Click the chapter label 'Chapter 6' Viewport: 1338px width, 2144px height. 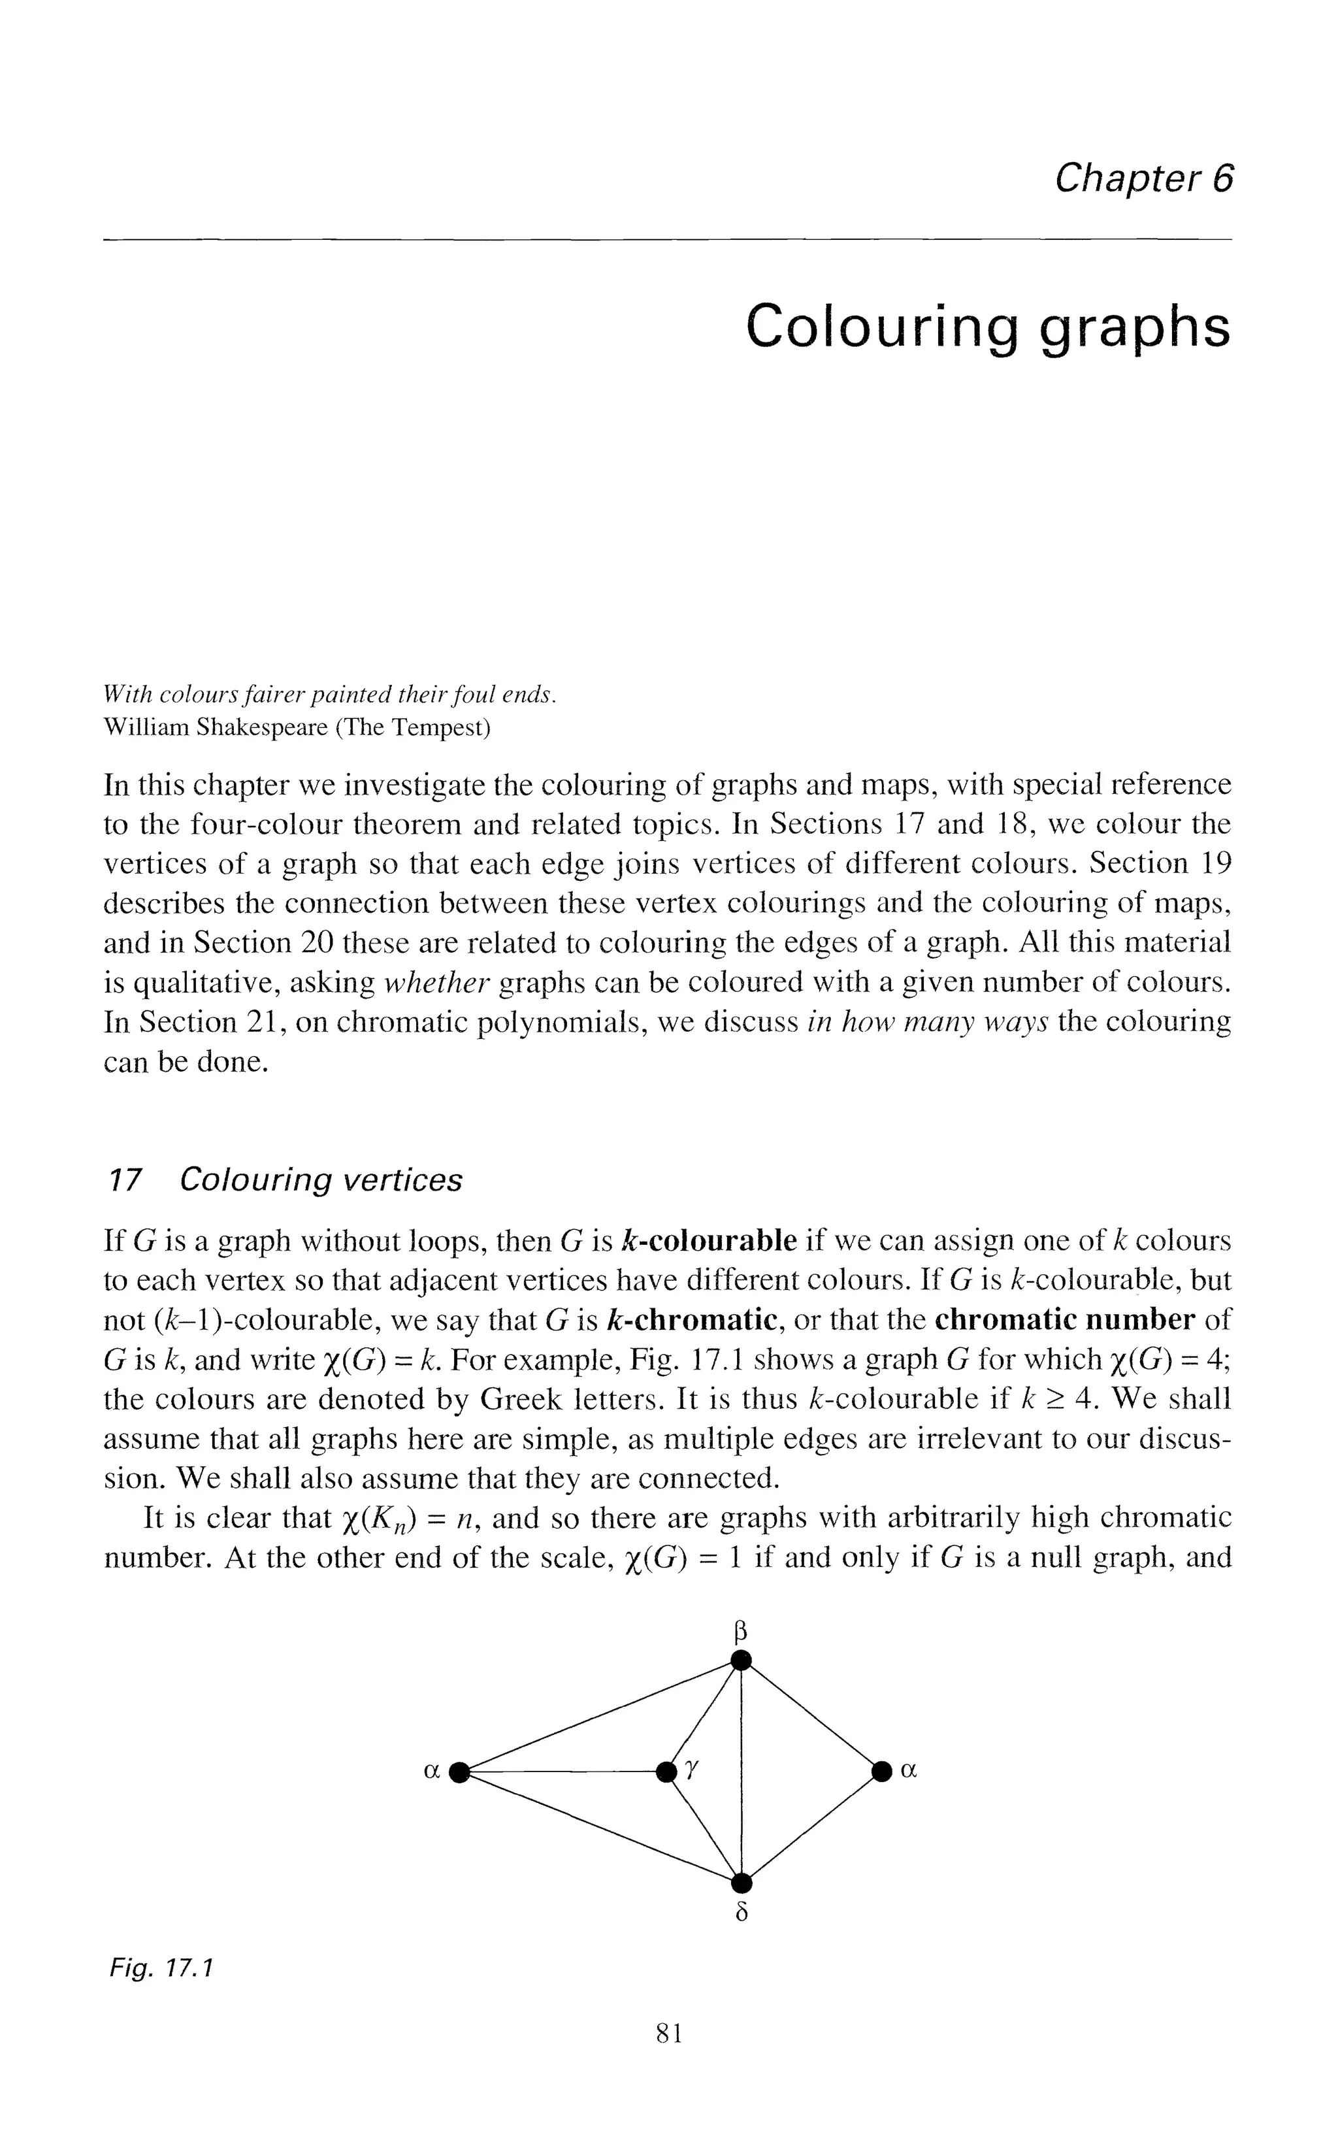1143,180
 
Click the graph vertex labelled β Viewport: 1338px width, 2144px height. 742,1661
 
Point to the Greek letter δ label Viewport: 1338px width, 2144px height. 742,1913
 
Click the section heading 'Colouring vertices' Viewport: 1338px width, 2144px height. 320,1180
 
